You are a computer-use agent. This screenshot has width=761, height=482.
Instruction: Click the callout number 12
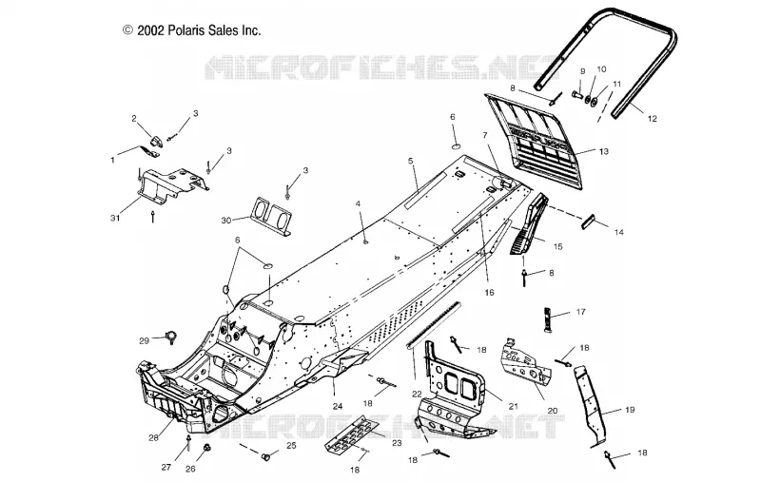(652, 118)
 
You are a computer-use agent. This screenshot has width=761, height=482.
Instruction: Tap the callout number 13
(603, 152)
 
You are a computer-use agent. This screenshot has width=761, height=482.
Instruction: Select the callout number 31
(115, 219)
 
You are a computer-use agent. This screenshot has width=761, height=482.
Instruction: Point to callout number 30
(226, 221)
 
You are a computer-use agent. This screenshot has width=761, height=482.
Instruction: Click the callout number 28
(154, 438)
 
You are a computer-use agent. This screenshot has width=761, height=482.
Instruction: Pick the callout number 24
(338, 406)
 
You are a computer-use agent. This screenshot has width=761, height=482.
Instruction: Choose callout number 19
(630, 410)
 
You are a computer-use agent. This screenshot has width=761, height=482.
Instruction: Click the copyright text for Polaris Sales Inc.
(192, 30)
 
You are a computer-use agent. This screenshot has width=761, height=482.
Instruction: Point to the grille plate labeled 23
(351, 434)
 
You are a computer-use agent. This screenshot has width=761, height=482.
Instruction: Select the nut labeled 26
(205, 447)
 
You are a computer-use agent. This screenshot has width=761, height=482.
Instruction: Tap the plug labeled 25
(265, 456)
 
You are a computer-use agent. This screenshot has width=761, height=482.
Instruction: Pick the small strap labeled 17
(547, 318)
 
